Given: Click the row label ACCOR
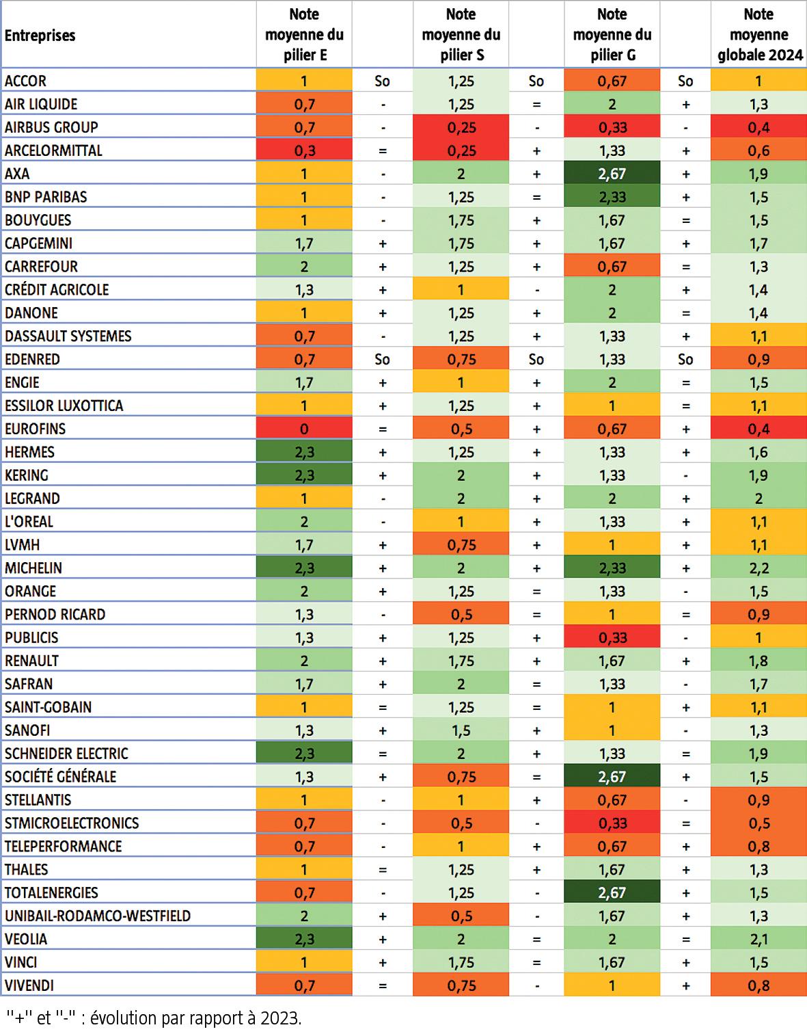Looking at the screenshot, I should (x=26, y=81).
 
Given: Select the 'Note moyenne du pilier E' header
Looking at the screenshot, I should (x=304, y=34).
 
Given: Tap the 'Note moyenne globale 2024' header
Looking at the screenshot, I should (x=758, y=34).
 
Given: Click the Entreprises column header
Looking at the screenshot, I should (x=40, y=36).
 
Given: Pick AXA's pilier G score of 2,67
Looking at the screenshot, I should (x=612, y=174).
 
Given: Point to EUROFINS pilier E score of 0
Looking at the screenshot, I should (x=304, y=429).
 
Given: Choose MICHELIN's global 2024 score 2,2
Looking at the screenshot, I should (x=758, y=568).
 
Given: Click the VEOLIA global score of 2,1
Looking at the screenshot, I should (x=758, y=939).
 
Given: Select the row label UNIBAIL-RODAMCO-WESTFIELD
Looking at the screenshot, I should (x=98, y=916).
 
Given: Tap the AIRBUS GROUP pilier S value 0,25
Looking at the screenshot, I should (x=461, y=127).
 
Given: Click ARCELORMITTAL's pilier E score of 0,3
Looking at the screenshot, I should (x=304, y=150).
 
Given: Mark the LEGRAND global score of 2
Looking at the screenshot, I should (x=758, y=499).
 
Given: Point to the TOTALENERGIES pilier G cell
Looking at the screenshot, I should (x=612, y=892).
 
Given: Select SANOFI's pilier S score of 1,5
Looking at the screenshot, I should (x=461, y=730).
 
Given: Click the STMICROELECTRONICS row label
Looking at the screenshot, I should (x=72, y=823).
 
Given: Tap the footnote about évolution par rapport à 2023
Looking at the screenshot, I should (x=154, y=1018).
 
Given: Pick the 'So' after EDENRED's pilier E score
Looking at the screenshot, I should (x=382, y=359).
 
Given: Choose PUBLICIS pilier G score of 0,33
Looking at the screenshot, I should (x=612, y=637).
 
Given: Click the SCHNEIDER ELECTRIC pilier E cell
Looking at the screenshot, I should (x=304, y=754).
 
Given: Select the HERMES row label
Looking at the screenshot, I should (x=29, y=452).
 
